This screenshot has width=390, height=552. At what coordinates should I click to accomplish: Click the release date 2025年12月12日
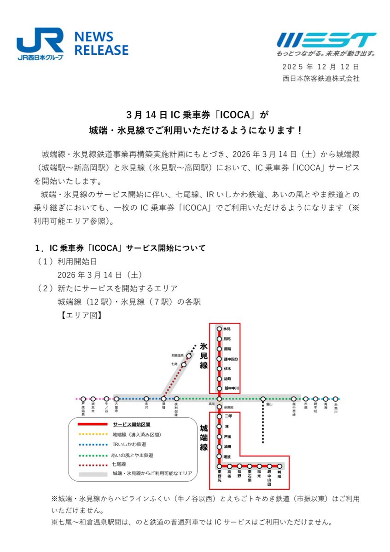click(321, 67)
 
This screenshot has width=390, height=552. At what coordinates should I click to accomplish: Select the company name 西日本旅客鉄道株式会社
click(321, 78)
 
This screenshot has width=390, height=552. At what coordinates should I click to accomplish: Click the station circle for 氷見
click(219, 329)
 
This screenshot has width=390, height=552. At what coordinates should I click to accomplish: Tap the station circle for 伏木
click(219, 369)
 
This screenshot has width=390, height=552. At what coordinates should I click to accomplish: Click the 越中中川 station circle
click(219, 389)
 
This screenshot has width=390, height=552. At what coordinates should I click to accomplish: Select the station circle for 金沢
click(146, 399)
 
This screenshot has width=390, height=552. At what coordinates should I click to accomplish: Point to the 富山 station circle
click(263, 399)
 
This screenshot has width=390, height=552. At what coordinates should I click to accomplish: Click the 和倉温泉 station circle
click(189, 356)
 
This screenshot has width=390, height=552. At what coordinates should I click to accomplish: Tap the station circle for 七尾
click(184, 365)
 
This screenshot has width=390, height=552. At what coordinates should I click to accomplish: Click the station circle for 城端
click(279, 466)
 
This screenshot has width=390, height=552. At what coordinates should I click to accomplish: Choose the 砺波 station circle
click(219, 456)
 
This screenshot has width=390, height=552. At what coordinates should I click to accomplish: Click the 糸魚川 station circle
click(336, 399)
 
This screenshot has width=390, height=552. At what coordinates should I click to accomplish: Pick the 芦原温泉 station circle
click(83, 399)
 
